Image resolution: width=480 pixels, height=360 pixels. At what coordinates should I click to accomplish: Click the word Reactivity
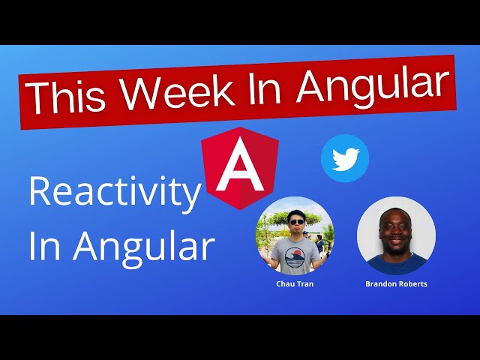pyautogui.click(x=115, y=193)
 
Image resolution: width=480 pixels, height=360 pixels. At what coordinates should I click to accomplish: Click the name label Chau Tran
pyautogui.click(x=295, y=284)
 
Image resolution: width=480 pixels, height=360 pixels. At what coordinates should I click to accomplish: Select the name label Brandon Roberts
pyautogui.click(x=396, y=284)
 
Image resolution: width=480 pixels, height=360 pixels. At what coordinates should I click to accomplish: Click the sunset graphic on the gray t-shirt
pyautogui.click(x=295, y=256)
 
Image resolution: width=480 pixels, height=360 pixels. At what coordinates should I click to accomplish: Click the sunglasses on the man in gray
pyautogui.click(x=295, y=221)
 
